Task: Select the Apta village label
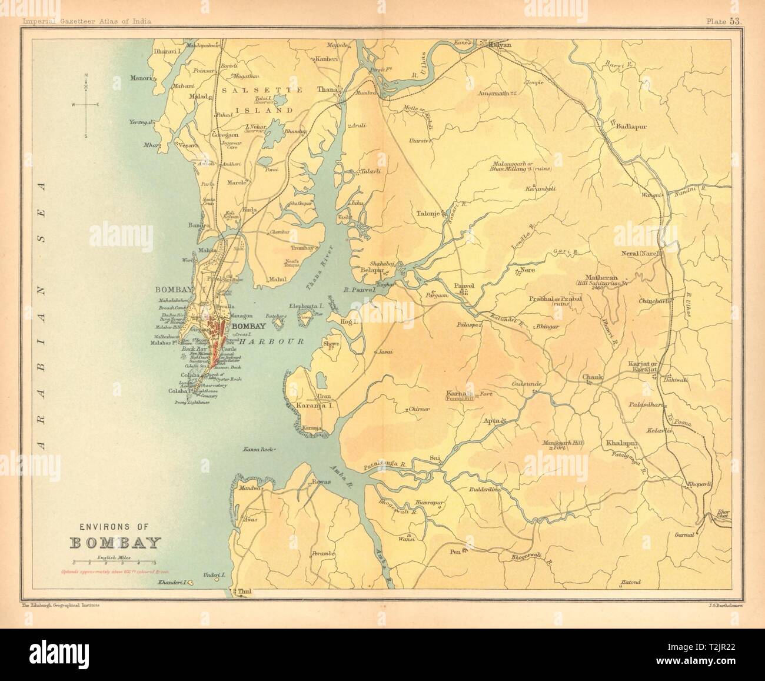491,421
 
